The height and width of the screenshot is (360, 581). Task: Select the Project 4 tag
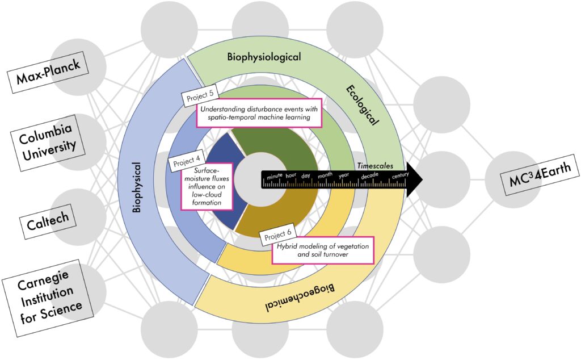184,164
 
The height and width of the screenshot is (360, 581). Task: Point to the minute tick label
275,175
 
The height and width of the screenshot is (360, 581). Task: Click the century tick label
399,175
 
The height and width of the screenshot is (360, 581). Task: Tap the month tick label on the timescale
325,175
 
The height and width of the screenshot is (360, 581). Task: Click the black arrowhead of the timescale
414,178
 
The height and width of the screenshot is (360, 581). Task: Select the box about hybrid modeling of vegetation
323,250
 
